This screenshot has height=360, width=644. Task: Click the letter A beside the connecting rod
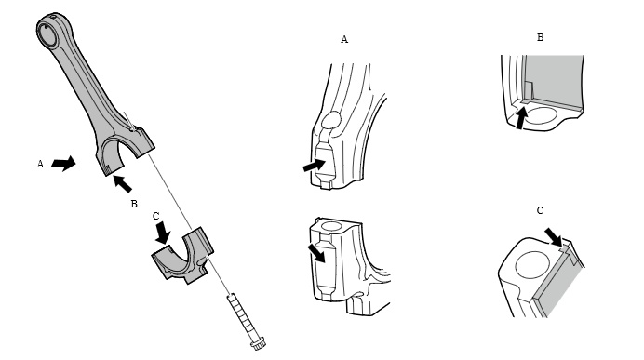tap(40, 164)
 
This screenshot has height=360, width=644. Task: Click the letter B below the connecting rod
tap(134, 204)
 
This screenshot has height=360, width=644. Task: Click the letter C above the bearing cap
tap(155, 216)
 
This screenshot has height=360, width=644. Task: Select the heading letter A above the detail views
tap(344, 39)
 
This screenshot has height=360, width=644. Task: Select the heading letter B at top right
tap(540, 37)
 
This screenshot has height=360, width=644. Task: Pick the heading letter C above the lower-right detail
tap(540, 210)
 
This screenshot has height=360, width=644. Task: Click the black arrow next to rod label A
tap(63, 164)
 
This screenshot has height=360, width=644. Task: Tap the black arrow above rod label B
tap(122, 183)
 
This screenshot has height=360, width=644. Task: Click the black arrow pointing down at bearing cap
tap(164, 233)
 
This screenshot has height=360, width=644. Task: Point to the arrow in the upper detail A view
tap(314, 165)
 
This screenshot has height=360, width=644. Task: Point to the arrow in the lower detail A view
tap(317, 252)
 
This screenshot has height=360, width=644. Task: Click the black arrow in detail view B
tap(521, 118)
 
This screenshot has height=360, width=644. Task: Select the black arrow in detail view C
tap(553, 237)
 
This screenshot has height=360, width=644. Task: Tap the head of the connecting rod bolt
tap(259, 343)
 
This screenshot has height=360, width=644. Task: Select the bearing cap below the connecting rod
tap(183, 255)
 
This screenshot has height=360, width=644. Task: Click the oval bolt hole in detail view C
tap(532, 265)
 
